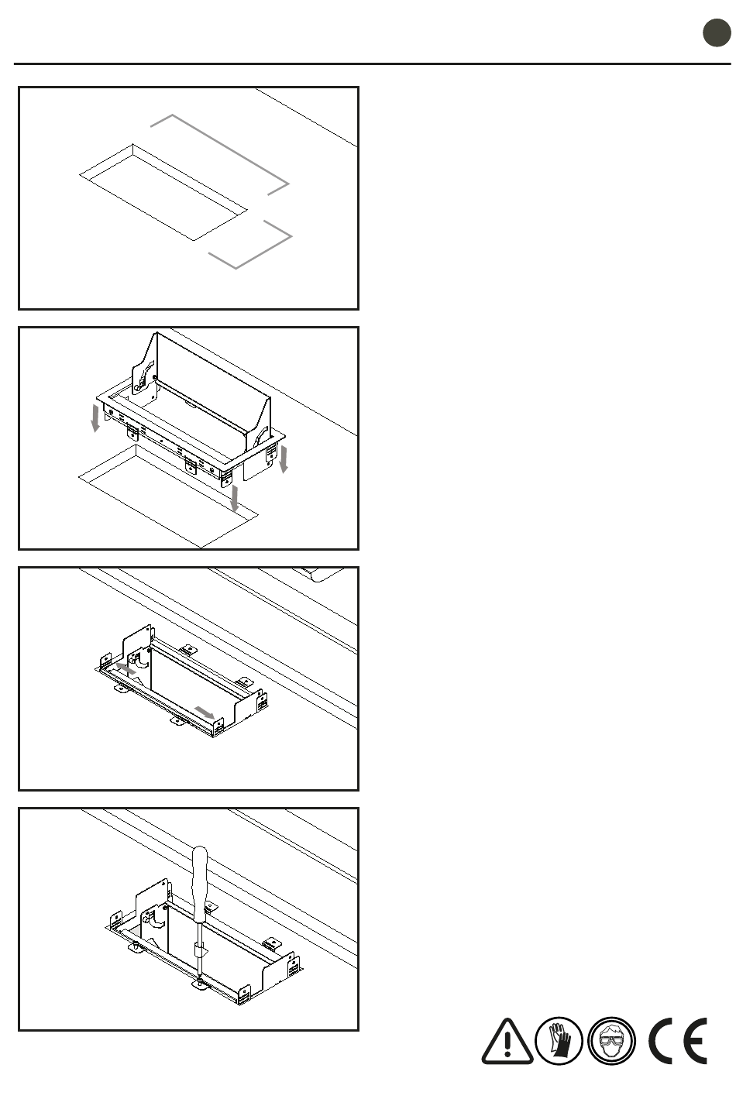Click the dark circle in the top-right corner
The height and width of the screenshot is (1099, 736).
pos(717,33)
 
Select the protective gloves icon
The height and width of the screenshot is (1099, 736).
pos(559,1041)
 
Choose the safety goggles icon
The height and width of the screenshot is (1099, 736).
pos(611,1041)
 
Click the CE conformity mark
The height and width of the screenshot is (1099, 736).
pos(678,1041)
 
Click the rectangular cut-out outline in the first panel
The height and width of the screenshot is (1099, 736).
pos(163,192)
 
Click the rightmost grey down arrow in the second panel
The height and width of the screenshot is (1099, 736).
pos(284,460)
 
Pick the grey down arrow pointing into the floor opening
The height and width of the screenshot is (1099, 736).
pos(235,498)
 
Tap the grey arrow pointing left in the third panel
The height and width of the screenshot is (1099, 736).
pos(126,668)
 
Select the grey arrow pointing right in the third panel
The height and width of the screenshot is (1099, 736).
pos(204,712)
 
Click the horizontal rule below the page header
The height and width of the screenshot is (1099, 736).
pos(373,64)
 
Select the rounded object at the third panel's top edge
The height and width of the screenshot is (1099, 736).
pos(324,574)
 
